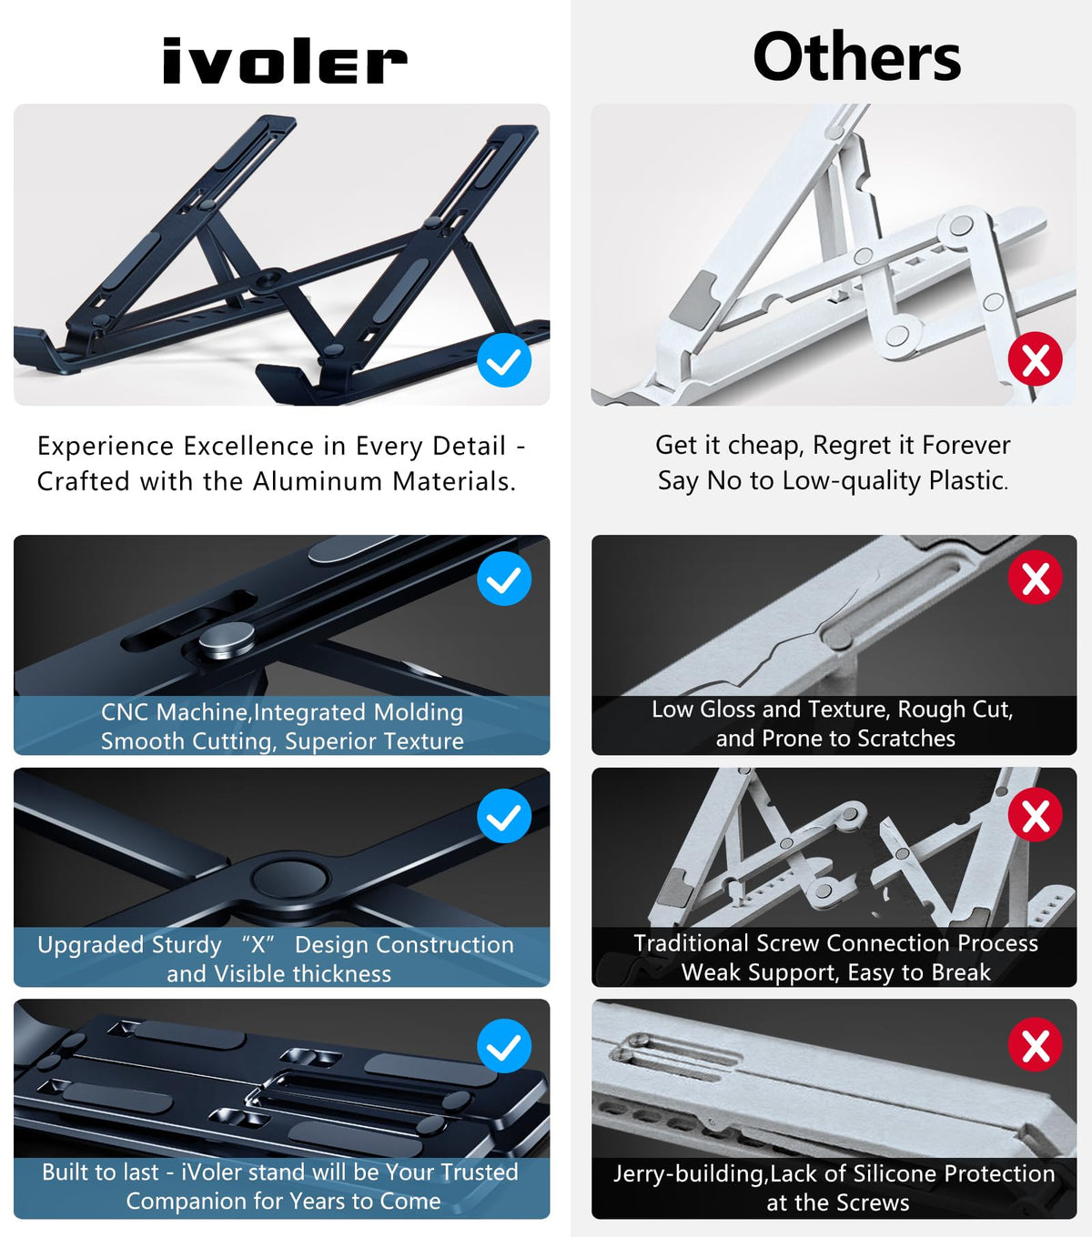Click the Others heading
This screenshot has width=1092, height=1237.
point(856,56)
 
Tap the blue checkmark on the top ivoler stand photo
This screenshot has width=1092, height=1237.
point(504,359)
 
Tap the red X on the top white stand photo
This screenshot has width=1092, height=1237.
point(1036,359)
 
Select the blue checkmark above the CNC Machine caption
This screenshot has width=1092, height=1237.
point(504,578)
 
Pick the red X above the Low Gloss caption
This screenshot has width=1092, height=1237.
point(1036,577)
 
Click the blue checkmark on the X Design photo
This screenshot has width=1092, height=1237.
point(504,816)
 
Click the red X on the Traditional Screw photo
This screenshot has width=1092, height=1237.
point(1036,814)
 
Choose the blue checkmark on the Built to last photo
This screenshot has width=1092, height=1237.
point(504,1046)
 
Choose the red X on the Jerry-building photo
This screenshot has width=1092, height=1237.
point(1036,1045)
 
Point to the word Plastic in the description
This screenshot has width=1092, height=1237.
point(967,480)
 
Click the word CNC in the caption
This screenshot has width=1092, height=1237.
point(125,712)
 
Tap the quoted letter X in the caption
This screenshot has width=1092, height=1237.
point(258,944)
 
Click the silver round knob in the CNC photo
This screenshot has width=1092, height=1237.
point(227,639)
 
